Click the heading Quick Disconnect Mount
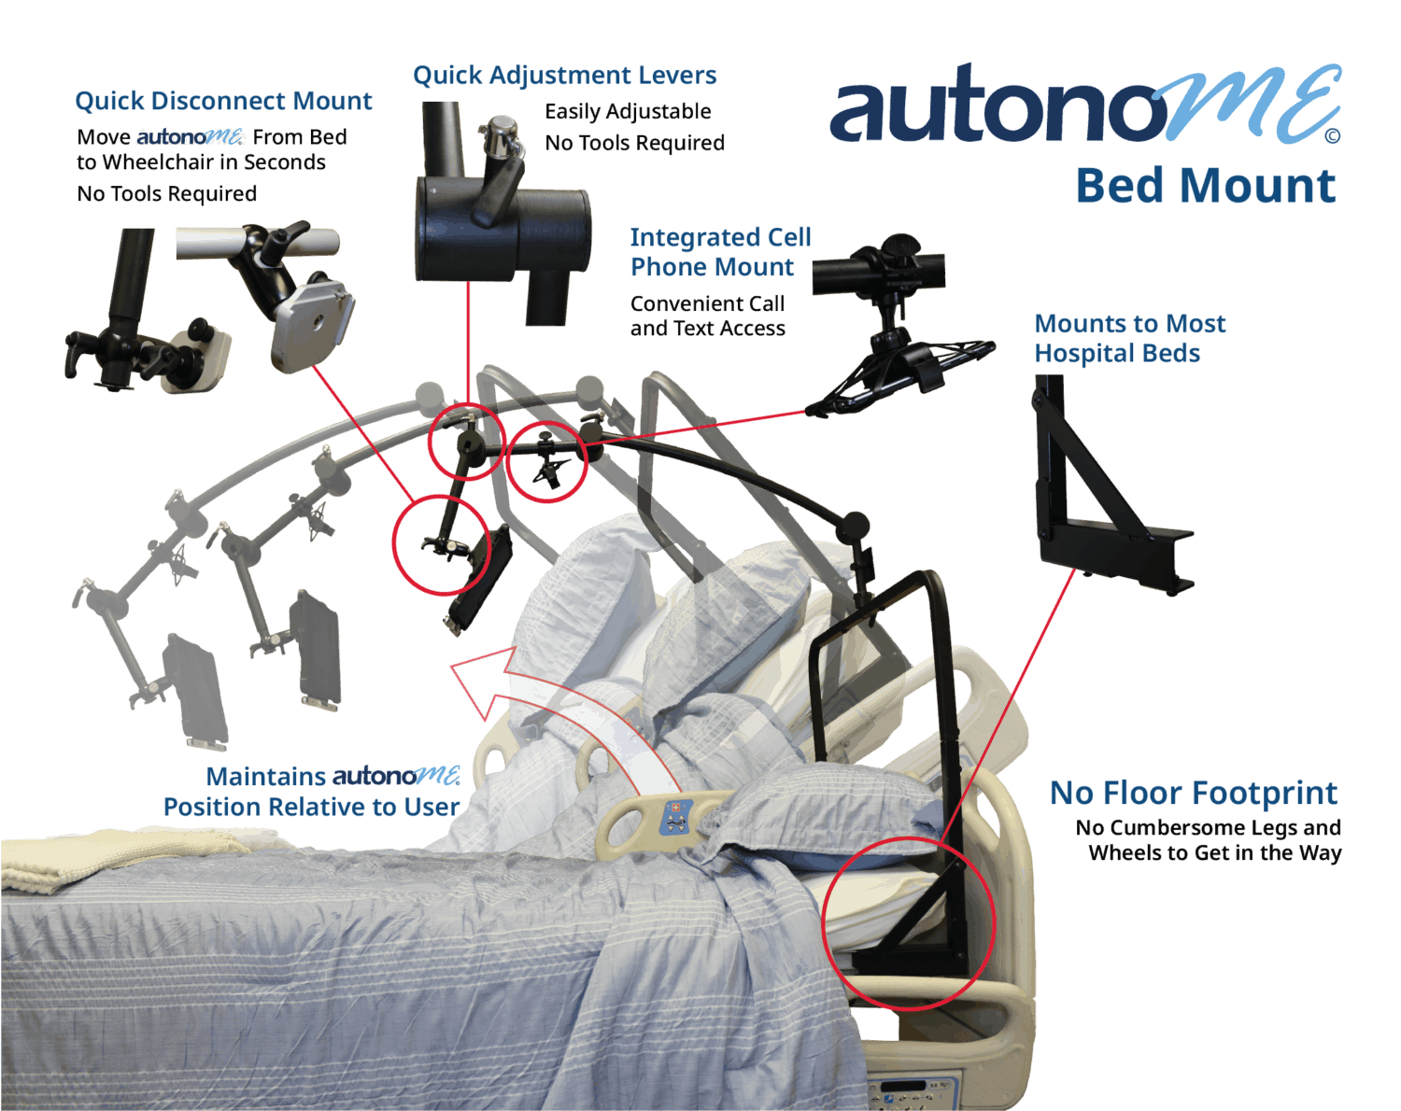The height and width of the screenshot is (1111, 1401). (x=223, y=101)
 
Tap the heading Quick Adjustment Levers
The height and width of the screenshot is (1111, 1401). (x=564, y=76)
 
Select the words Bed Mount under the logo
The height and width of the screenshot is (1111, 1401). (x=1205, y=186)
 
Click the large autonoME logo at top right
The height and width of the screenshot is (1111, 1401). (x=1083, y=105)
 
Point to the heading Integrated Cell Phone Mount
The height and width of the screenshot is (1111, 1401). (x=719, y=252)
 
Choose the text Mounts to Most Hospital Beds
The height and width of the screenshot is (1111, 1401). (x=1129, y=338)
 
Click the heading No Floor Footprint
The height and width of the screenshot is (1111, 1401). (x=1193, y=794)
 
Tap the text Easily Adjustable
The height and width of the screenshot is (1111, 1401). (x=628, y=112)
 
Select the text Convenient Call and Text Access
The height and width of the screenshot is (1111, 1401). (x=707, y=316)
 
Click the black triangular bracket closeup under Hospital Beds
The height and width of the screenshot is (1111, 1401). (x=1102, y=495)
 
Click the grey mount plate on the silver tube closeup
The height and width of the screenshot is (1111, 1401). (x=312, y=322)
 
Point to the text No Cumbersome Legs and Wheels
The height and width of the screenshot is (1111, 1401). (x=1209, y=840)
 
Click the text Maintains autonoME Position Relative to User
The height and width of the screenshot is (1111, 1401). (x=312, y=792)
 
